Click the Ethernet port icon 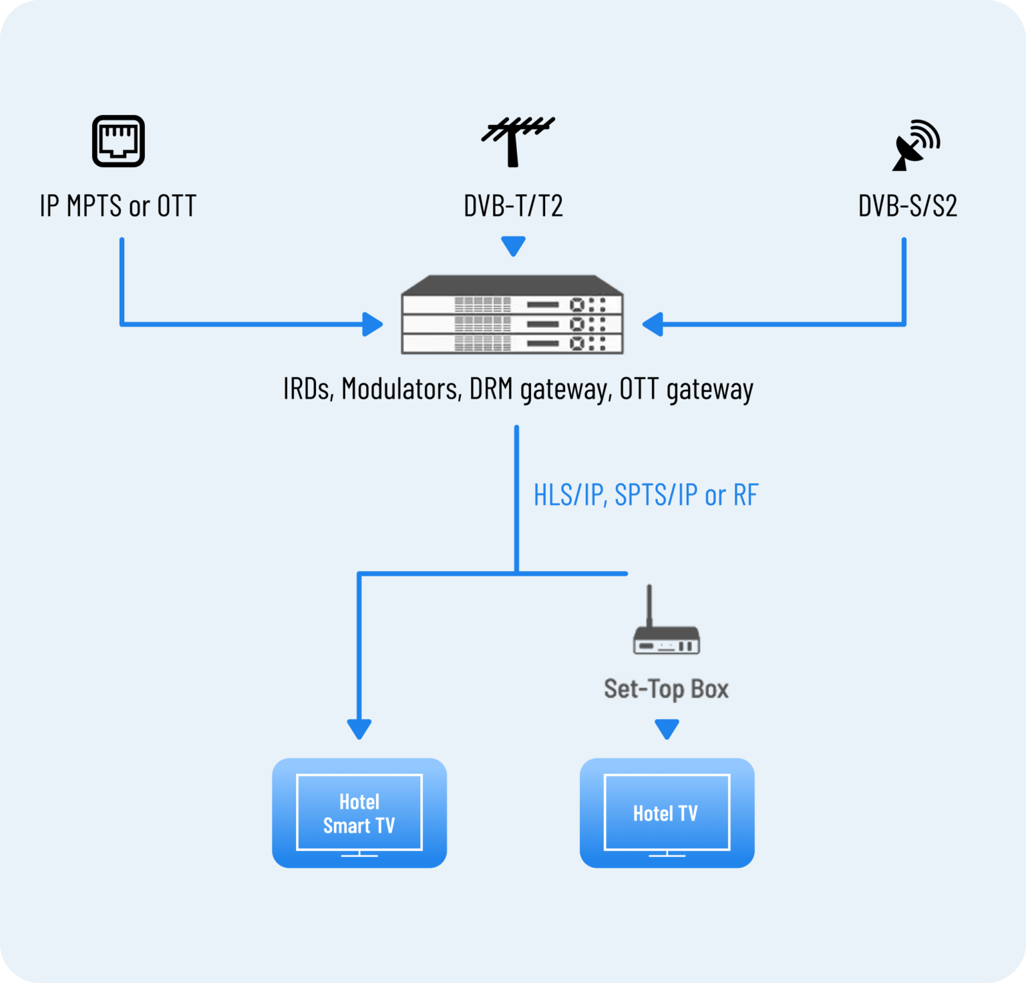point(118,141)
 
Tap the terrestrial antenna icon point(516,141)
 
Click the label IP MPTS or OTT point(118,206)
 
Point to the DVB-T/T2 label point(513,206)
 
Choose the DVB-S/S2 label point(907,206)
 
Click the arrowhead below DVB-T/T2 point(513,246)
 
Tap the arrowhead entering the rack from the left point(372,325)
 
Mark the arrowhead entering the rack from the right point(653,325)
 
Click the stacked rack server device point(512,315)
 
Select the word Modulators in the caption point(401,389)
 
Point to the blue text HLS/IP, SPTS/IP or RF point(645,495)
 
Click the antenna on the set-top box point(649,604)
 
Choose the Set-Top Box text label point(666,689)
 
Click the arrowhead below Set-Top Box point(667,729)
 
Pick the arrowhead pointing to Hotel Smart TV point(359,729)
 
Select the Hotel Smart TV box point(359,813)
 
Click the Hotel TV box point(667,813)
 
